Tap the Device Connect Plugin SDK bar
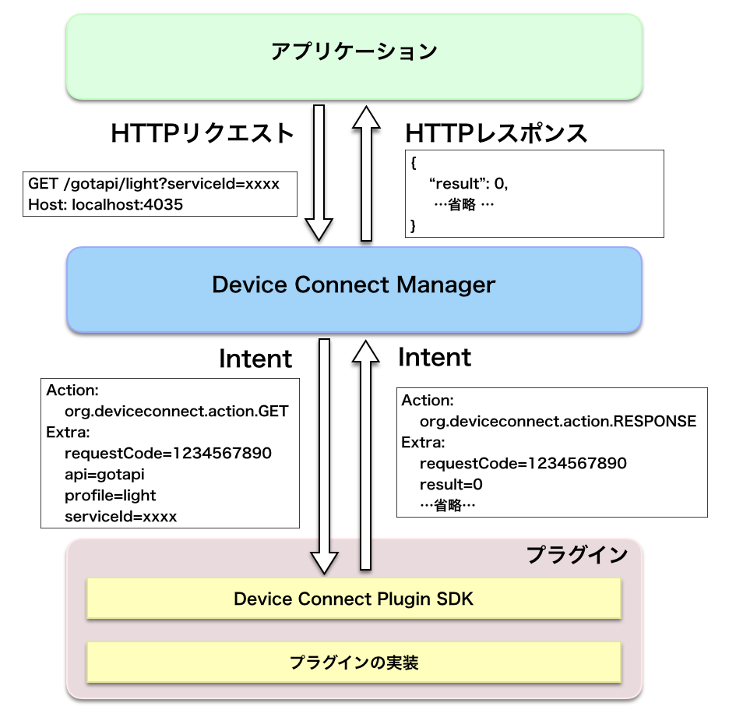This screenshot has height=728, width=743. click(x=354, y=599)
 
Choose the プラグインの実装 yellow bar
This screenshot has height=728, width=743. click(x=354, y=663)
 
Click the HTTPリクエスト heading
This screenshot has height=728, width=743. click(x=202, y=133)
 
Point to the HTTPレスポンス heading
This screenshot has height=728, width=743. click(x=496, y=133)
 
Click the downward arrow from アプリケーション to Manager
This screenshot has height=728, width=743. click(x=319, y=175)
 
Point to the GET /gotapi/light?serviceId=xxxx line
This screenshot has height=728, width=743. click(x=153, y=185)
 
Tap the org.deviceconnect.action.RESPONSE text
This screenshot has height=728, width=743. click(x=558, y=422)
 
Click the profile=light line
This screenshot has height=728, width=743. click(x=111, y=495)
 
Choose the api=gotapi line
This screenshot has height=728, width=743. click(x=105, y=474)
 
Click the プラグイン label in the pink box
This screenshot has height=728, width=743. click(x=576, y=555)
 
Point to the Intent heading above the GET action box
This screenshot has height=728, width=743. click(x=255, y=359)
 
